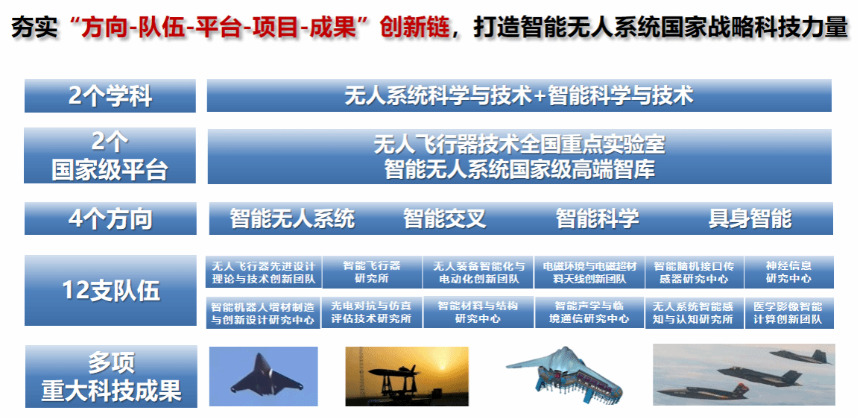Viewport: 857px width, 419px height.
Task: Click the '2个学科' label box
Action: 110,95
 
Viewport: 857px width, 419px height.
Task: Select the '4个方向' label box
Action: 110,218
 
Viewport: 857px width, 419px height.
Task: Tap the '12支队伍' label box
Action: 110,291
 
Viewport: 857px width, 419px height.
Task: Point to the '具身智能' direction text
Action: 750,218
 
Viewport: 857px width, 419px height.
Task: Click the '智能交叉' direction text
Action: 444,218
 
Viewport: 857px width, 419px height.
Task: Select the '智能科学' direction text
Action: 598,218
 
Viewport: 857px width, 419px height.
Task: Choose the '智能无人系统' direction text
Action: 292,218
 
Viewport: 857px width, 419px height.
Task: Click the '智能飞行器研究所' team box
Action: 372,272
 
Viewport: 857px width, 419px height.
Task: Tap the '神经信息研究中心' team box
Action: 788,272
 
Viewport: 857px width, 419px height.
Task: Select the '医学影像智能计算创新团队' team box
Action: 789,313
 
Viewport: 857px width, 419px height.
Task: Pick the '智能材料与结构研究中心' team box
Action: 478,312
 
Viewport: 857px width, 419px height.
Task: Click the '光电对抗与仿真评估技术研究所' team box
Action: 371,312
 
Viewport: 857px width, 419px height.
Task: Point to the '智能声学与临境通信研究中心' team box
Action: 589,312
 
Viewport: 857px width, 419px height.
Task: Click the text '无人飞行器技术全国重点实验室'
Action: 519,145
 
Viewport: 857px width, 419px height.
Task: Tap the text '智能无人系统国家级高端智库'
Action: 519,169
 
